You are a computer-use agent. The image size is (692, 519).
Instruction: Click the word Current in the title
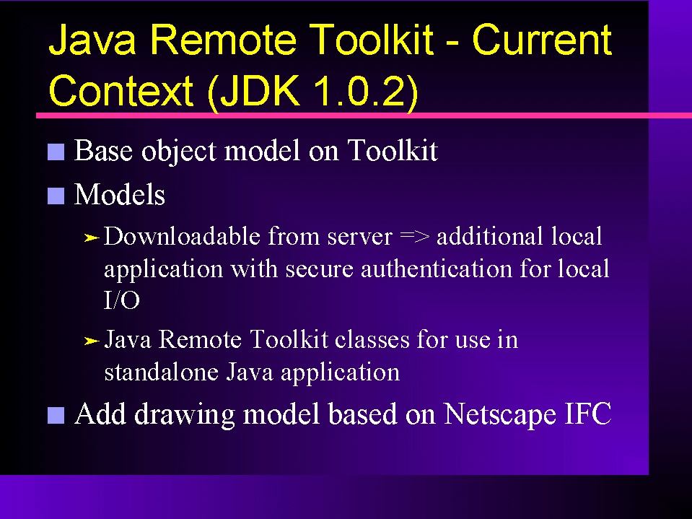[x=542, y=40]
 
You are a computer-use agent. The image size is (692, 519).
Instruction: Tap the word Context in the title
[x=121, y=91]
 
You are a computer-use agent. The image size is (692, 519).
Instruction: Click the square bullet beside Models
[x=56, y=196]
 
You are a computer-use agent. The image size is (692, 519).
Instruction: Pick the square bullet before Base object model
[x=56, y=152]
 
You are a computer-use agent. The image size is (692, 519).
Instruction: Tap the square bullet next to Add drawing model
[x=56, y=415]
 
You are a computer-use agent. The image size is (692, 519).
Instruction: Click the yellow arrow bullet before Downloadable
[x=92, y=238]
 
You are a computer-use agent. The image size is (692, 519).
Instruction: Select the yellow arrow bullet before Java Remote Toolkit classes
[x=92, y=341]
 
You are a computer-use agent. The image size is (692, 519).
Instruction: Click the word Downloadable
[x=181, y=237]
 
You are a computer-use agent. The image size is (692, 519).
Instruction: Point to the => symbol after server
[x=414, y=237]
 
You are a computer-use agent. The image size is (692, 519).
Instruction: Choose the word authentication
[x=436, y=269]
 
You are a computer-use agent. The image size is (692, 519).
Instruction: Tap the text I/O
[x=122, y=300]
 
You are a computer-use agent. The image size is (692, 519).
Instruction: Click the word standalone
[x=161, y=372]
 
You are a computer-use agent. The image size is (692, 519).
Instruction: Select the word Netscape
[x=499, y=415]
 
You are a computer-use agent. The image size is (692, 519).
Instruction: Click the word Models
[x=119, y=195]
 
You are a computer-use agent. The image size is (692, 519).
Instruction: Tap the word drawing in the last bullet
[x=184, y=415]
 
